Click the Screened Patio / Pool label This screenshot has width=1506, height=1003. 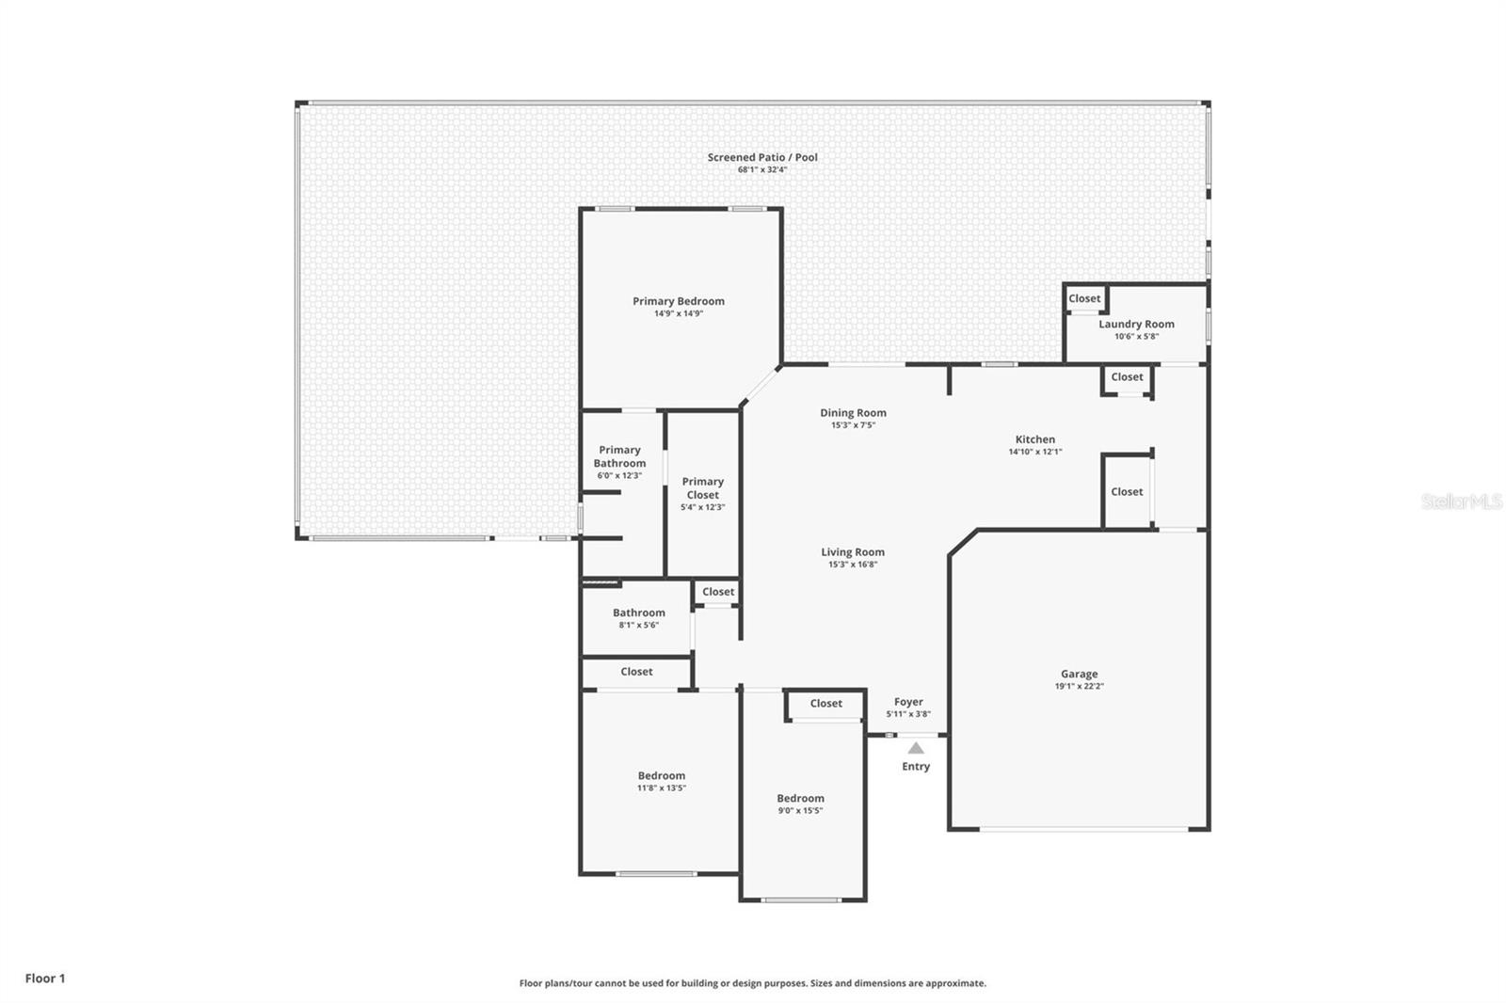[x=762, y=157]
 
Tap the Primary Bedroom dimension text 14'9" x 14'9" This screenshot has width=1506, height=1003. [x=679, y=313]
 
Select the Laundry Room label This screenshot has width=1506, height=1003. [x=1136, y=324]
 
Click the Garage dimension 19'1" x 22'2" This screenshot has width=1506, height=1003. [x=1079, y=686]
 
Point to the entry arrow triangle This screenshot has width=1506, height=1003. [x=916, y=748]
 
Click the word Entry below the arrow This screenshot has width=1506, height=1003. [x=916, y=767]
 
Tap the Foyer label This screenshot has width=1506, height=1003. [x=908, y=702]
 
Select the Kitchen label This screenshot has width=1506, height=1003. [x=1034, y=439]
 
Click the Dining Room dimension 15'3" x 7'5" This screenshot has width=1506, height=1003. [x=853, y=425]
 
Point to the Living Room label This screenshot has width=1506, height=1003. [x=853, y=552]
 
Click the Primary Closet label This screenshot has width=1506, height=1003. [x=702, y=488]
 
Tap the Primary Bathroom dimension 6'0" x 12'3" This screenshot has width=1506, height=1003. [x=619, y=475]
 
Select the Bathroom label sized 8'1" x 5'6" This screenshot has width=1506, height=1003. [x=639, y=613]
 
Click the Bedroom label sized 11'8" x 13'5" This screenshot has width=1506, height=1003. [x=662, y=776]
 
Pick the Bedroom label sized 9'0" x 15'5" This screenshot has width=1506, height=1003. [x=800, y=799]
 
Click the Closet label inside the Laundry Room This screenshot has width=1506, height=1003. [x=1084, y=298]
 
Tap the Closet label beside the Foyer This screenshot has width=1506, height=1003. [x=825, y=703]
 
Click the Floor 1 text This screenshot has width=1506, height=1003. [x=45, y=979]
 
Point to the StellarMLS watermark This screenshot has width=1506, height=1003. [x=1462, y=501]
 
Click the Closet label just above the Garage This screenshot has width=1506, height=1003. [x=1127, y=491]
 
